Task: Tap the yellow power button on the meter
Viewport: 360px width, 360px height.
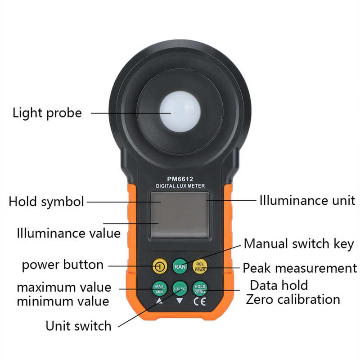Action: point(159,266)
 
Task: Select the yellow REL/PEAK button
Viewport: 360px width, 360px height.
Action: point(200,266)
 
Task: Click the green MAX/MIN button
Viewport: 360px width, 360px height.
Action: point(159,288)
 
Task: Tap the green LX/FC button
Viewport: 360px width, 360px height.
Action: point(180,288)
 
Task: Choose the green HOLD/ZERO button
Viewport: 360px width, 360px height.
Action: point(200,288)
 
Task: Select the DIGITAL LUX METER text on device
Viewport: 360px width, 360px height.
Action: point(180,186)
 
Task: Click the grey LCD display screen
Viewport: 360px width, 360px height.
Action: point(180,214)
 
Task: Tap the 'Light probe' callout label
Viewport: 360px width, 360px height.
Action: point(47,112)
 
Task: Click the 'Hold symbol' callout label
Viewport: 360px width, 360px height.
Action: point(46,202)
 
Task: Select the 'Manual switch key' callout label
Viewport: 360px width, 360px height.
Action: point(299,244)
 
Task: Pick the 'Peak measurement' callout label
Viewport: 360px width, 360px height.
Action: point(300,269)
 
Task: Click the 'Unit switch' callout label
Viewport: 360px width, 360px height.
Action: point(78,325)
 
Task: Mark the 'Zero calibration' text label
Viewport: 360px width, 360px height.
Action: point(292,299)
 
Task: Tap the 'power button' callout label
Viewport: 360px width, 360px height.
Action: point(63,265)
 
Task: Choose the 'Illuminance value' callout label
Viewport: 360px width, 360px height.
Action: point(68,234)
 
